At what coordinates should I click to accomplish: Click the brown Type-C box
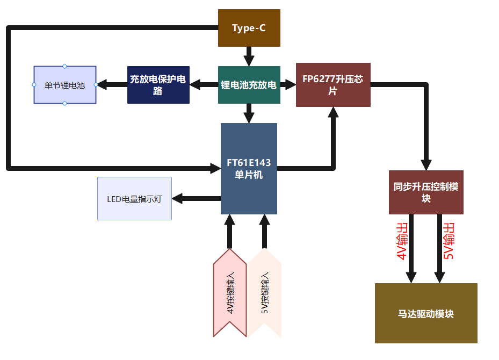click(249, 28)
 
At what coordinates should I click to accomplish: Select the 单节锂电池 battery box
click(64, 85)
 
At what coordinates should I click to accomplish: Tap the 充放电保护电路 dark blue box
click(158, 85)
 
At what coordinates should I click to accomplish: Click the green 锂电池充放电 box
click(249, 85)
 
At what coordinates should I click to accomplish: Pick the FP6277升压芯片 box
click(333, 85)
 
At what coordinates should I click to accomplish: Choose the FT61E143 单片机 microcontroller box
click(249, 169)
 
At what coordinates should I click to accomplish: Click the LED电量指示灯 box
click(134, 199)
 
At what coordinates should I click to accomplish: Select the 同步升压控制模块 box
click(426, 192)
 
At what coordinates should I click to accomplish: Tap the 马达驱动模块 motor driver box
click(426, 313)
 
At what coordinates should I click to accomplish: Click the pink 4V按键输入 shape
click(230, 293)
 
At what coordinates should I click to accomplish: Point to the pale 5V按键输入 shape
click(264, 293)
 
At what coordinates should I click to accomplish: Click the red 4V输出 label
click(402, 242)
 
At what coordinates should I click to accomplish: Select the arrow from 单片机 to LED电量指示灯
click(196, 199)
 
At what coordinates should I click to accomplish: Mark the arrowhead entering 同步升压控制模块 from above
click(426, 164)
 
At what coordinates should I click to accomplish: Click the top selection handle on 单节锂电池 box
click(64, 66)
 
